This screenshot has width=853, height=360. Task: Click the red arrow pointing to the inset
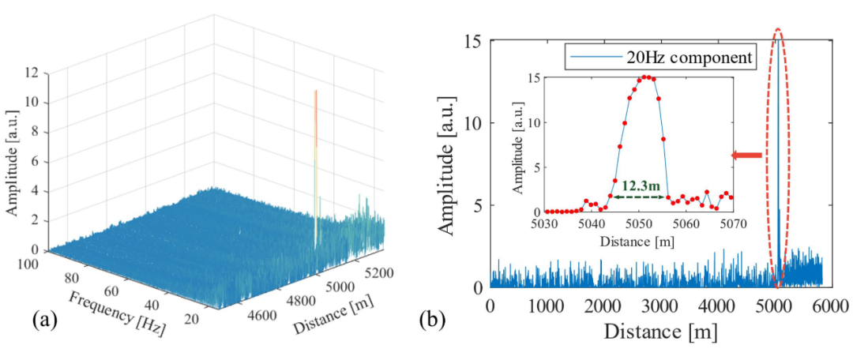(747, 156)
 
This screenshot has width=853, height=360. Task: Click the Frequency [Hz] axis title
(117, 313)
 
